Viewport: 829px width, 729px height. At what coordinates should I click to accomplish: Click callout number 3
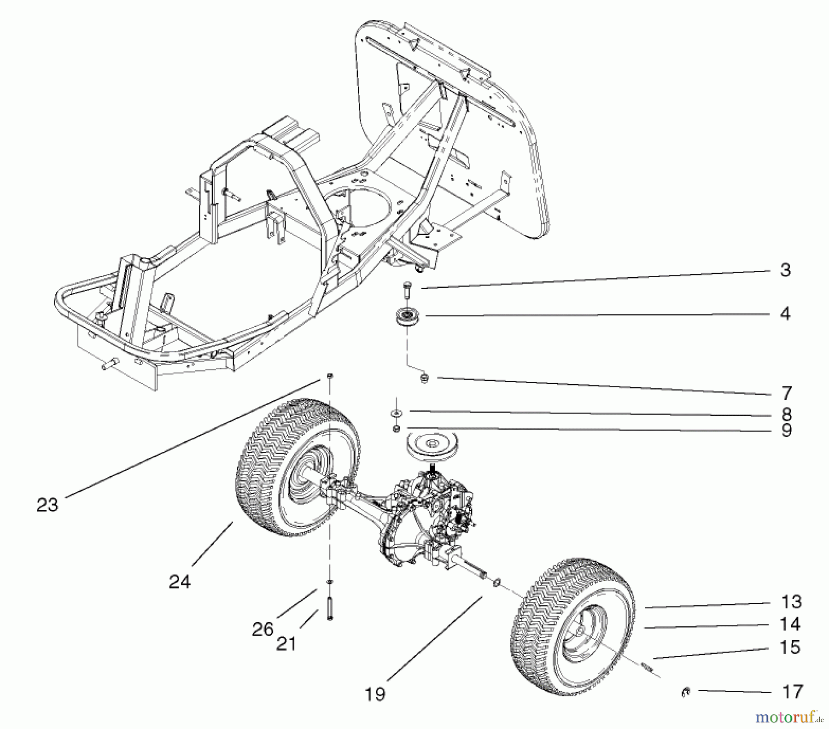(x=785, y=270)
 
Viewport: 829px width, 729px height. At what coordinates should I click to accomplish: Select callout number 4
(x=785, y=314)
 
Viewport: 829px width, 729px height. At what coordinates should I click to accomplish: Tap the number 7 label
(x=787, y=393)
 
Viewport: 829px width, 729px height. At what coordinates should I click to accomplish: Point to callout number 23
(x=47, y=505)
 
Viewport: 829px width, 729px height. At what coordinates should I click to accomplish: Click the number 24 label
(x=179, y=582)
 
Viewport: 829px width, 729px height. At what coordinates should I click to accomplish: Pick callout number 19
(x=375, y=694)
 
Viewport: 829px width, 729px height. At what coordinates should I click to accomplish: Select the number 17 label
(x=792, y=692)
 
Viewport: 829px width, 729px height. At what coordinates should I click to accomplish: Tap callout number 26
(x=263, y=629)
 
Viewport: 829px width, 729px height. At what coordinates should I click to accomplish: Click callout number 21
(x=286, y=643)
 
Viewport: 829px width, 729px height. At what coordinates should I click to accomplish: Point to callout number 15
(x=789, y=647)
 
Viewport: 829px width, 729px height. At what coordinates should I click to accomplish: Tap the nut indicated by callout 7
(x=424, y=379)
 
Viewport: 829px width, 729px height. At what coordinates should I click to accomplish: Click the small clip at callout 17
(x=685, y=691)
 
